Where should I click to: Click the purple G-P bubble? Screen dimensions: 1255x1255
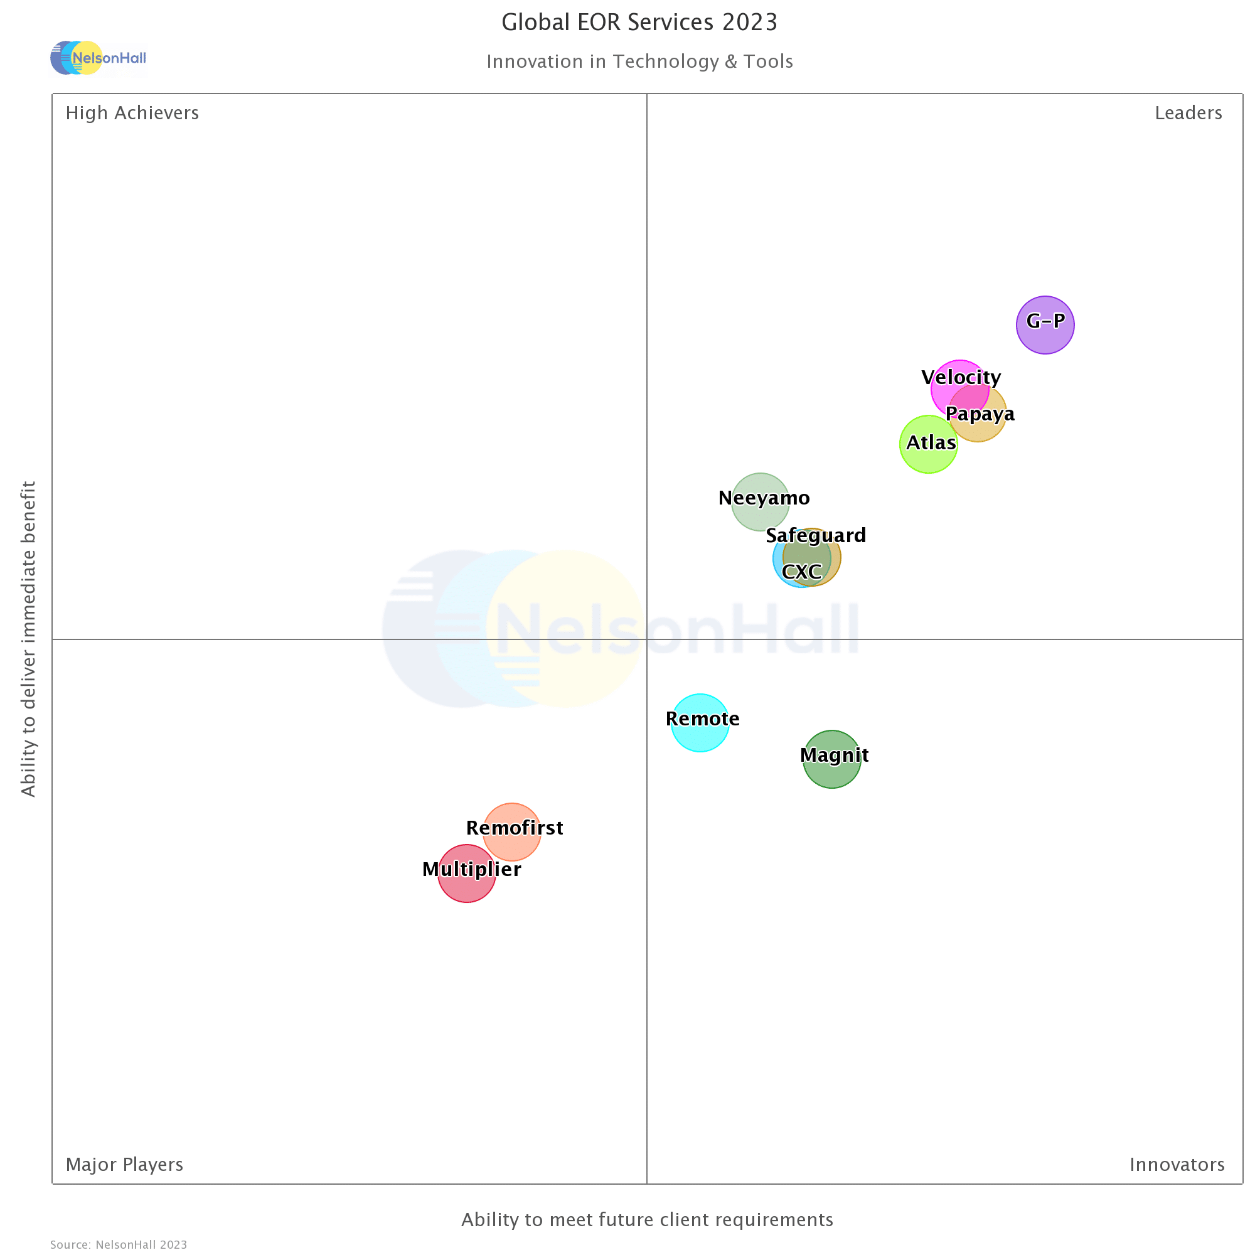click(1045, 326)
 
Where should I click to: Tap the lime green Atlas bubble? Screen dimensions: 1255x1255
click(927, 445)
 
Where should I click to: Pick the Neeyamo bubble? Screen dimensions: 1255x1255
click(760, 502)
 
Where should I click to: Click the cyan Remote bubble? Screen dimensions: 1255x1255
click(700, 723)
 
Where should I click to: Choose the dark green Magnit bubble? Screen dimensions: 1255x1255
click(831, 759)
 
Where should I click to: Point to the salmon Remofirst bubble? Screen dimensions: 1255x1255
click(512, 832)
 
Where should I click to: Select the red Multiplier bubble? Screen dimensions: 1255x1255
click(466, 873)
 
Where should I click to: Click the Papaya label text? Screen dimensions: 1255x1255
click(980, 414)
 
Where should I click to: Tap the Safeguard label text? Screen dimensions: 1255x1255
click(815, 535)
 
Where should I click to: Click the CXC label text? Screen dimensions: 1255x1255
click(801, 572)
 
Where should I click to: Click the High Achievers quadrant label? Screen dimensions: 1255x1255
click(132, 113)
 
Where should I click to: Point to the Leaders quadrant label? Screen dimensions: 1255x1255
click(1188, 113)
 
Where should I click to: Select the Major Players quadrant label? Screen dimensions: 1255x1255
click(124, 1165)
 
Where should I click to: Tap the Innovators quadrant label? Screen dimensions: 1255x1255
click(1177, 1165)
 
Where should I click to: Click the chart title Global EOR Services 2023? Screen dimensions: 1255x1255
click(639, 23)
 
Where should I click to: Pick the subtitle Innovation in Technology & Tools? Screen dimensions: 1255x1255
click(639, 61)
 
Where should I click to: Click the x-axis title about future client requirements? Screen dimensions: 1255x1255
click(647, 1220)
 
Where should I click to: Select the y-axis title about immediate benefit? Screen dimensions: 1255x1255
click(28, 639)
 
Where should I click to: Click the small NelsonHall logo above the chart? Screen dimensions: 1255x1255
click(98, 58)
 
